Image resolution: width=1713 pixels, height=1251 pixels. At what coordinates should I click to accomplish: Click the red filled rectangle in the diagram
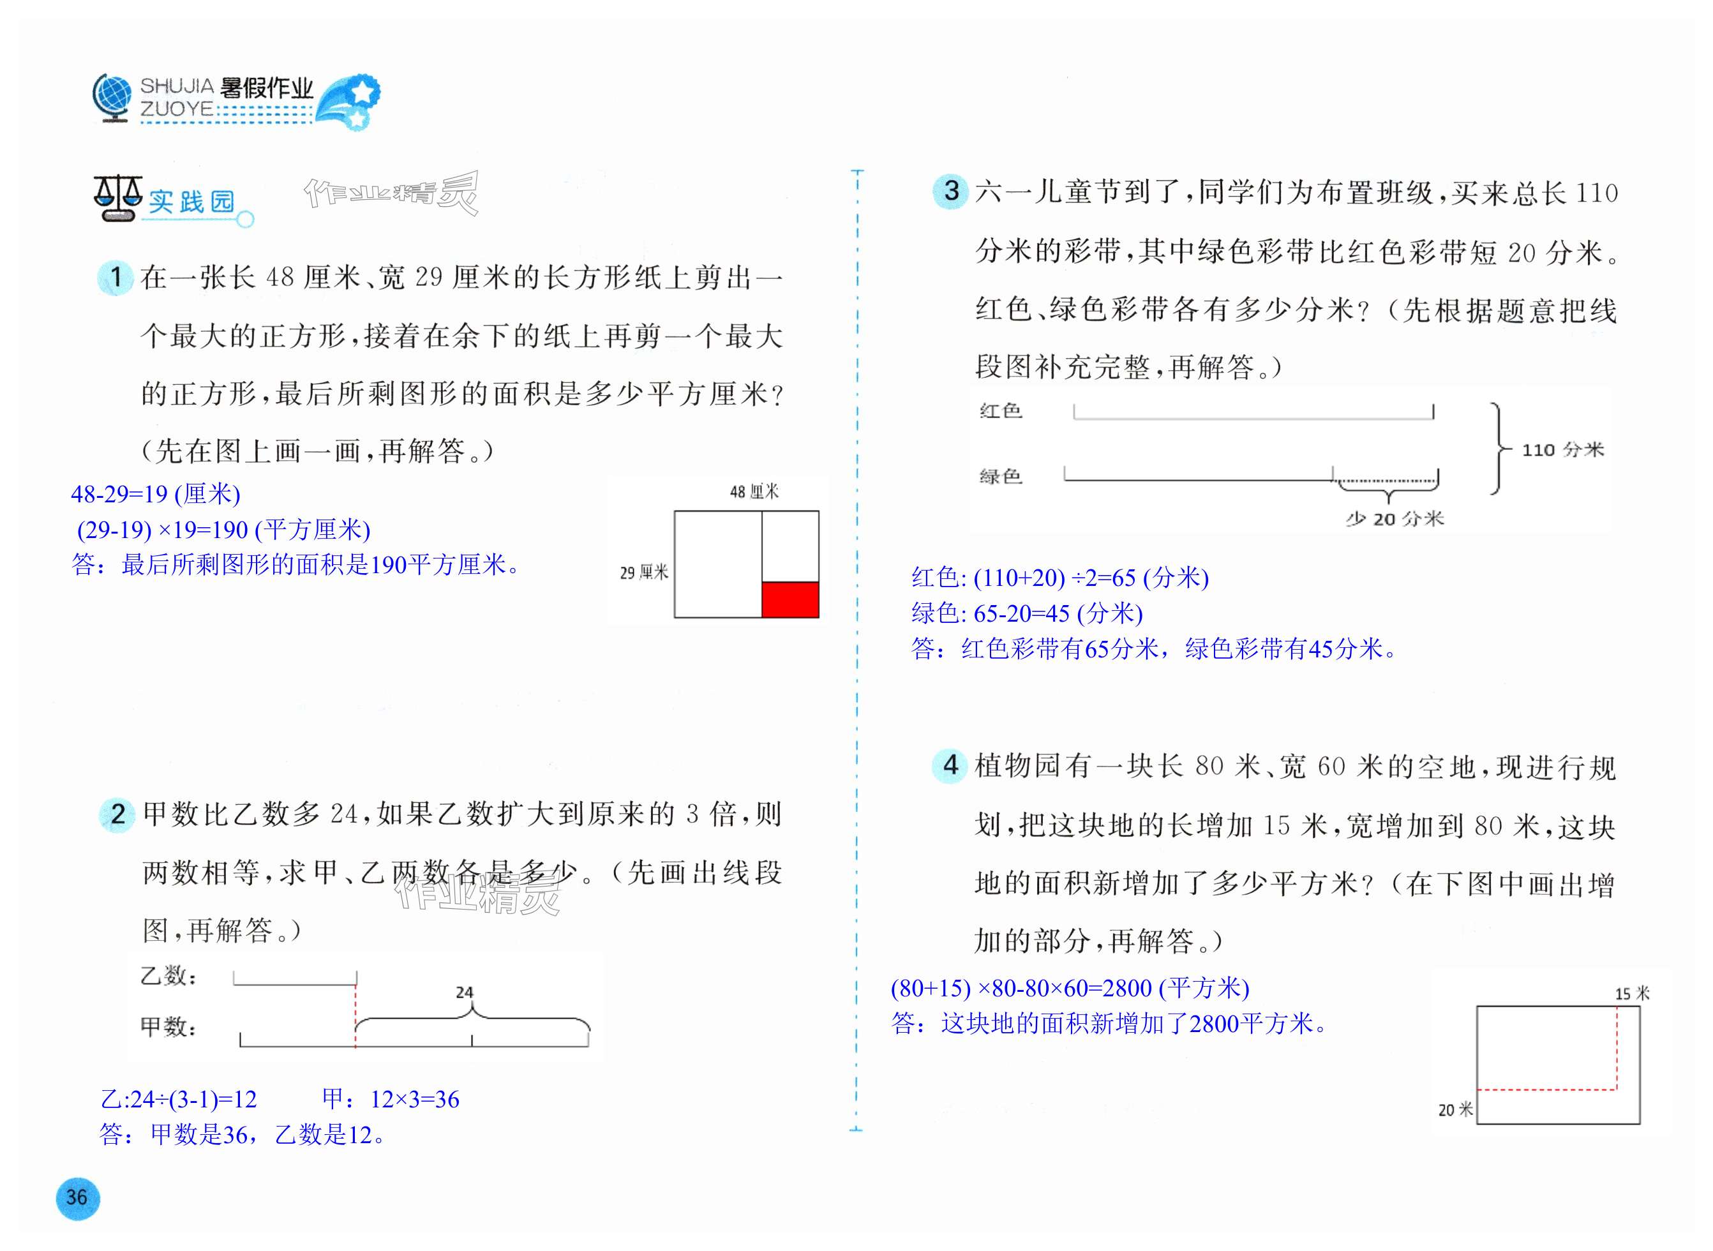pos(790,600)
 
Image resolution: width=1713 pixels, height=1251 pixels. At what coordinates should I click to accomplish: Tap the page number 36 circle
pos(77,1197)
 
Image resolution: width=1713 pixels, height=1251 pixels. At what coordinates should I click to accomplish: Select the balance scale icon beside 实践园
pos(117,199)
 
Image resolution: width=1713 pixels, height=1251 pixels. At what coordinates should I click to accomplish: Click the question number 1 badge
pos(116,277)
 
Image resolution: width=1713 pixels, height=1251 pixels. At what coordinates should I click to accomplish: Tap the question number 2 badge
pos(117,815)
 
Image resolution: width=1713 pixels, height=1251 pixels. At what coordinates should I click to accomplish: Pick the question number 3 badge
pos(951,191)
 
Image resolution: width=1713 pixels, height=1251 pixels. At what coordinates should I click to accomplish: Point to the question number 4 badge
pos(950,765)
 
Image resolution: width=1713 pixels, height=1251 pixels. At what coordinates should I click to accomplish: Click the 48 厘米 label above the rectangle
pos(754,492)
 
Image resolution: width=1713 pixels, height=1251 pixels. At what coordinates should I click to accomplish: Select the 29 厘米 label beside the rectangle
pos(644,573)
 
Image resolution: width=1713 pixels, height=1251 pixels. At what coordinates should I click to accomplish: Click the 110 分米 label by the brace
pos(1563,450)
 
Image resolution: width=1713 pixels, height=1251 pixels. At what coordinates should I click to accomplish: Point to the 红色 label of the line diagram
pos(1000,411)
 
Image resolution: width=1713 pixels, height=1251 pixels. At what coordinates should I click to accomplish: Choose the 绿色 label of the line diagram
pos(1000,476)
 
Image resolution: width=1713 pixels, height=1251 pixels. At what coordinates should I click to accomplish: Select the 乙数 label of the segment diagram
pos(168,976)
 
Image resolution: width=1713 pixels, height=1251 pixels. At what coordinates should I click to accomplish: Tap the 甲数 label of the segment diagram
pos(168,1027)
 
